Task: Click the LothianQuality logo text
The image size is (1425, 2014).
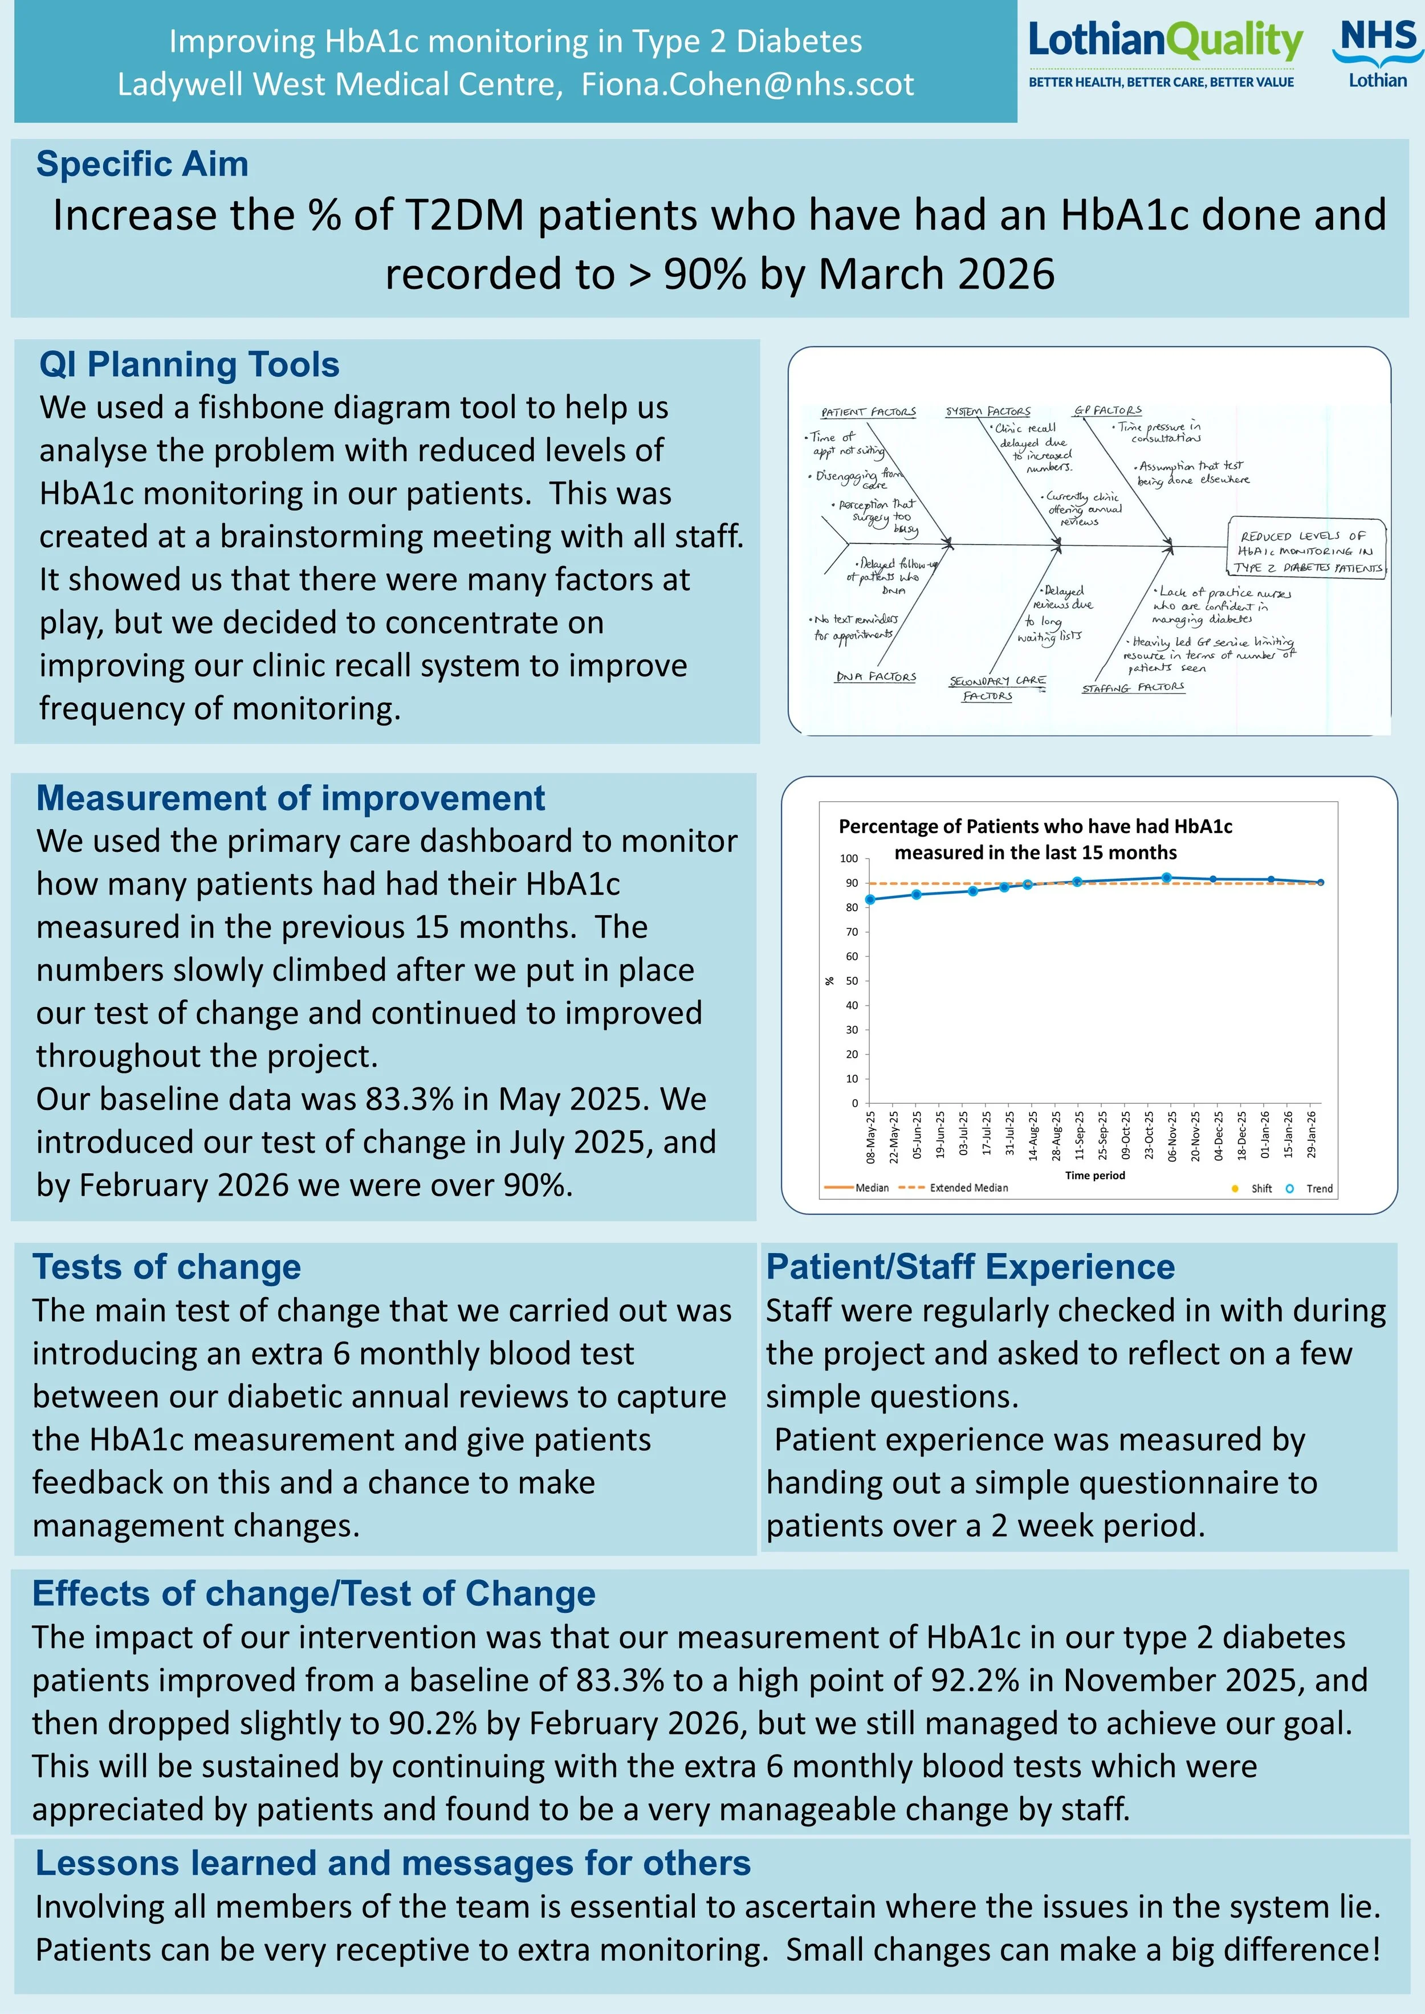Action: (1165, 42)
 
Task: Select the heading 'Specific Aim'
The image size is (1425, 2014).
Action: (142, 164)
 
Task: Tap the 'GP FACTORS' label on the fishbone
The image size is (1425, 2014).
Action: (1108, 410)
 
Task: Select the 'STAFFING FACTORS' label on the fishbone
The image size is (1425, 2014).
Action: (1132, 688)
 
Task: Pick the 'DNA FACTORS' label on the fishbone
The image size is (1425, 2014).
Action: (875, 676)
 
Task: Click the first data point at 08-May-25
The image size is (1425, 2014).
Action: (870, 899)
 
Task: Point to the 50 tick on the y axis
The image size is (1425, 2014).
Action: (851, 981)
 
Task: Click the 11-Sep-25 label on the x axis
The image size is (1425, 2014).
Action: (1079, 1136)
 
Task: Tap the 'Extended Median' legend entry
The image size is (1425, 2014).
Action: (968, 1188)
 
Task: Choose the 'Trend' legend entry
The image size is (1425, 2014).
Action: (1318, 1189)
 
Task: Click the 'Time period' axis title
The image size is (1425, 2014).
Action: (1094, 1175)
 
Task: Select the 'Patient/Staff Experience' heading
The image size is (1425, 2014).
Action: (970, 1267)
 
